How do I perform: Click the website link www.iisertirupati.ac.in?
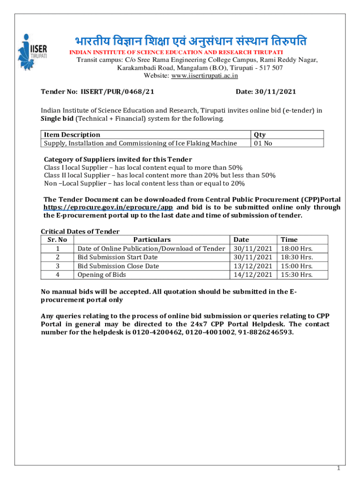pos(203,75)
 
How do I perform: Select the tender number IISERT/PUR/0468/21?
pos(117,92)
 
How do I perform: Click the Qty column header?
pos(259,135)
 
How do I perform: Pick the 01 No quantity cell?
pos(262,143)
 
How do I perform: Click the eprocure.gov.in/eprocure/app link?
pos(108,207)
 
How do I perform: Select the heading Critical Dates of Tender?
pos(80,231)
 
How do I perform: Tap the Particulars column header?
pos(152,239)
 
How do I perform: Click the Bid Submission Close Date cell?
pos(118,266)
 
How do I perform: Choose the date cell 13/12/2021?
pos(252,266)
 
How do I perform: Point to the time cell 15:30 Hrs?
pos(296,275)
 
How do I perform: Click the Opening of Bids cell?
pos(101,275)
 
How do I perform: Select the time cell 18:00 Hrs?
pos(296,248)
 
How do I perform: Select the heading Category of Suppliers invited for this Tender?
pos(118,159)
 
